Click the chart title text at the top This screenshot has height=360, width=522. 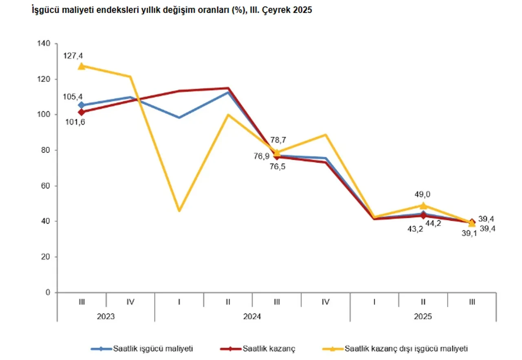tap(171, 10)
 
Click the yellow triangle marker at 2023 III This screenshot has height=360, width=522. tap(82, 66)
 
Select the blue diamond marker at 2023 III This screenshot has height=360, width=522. tap(82, 105)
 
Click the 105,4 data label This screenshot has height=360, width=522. tap(73, 97)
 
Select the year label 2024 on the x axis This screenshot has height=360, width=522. tap(252, 316)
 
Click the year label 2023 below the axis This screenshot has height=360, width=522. tap(106, 316)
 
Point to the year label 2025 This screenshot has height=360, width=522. tap(423, 316)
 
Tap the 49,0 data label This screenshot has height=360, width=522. tap(423, 195)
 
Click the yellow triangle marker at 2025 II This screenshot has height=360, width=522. tap(423, 205)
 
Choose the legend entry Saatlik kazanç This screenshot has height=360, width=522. tap(269, 349)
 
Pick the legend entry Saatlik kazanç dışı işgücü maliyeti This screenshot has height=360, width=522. tap(406, 349)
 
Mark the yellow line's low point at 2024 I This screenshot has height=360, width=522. tap(179, 210)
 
